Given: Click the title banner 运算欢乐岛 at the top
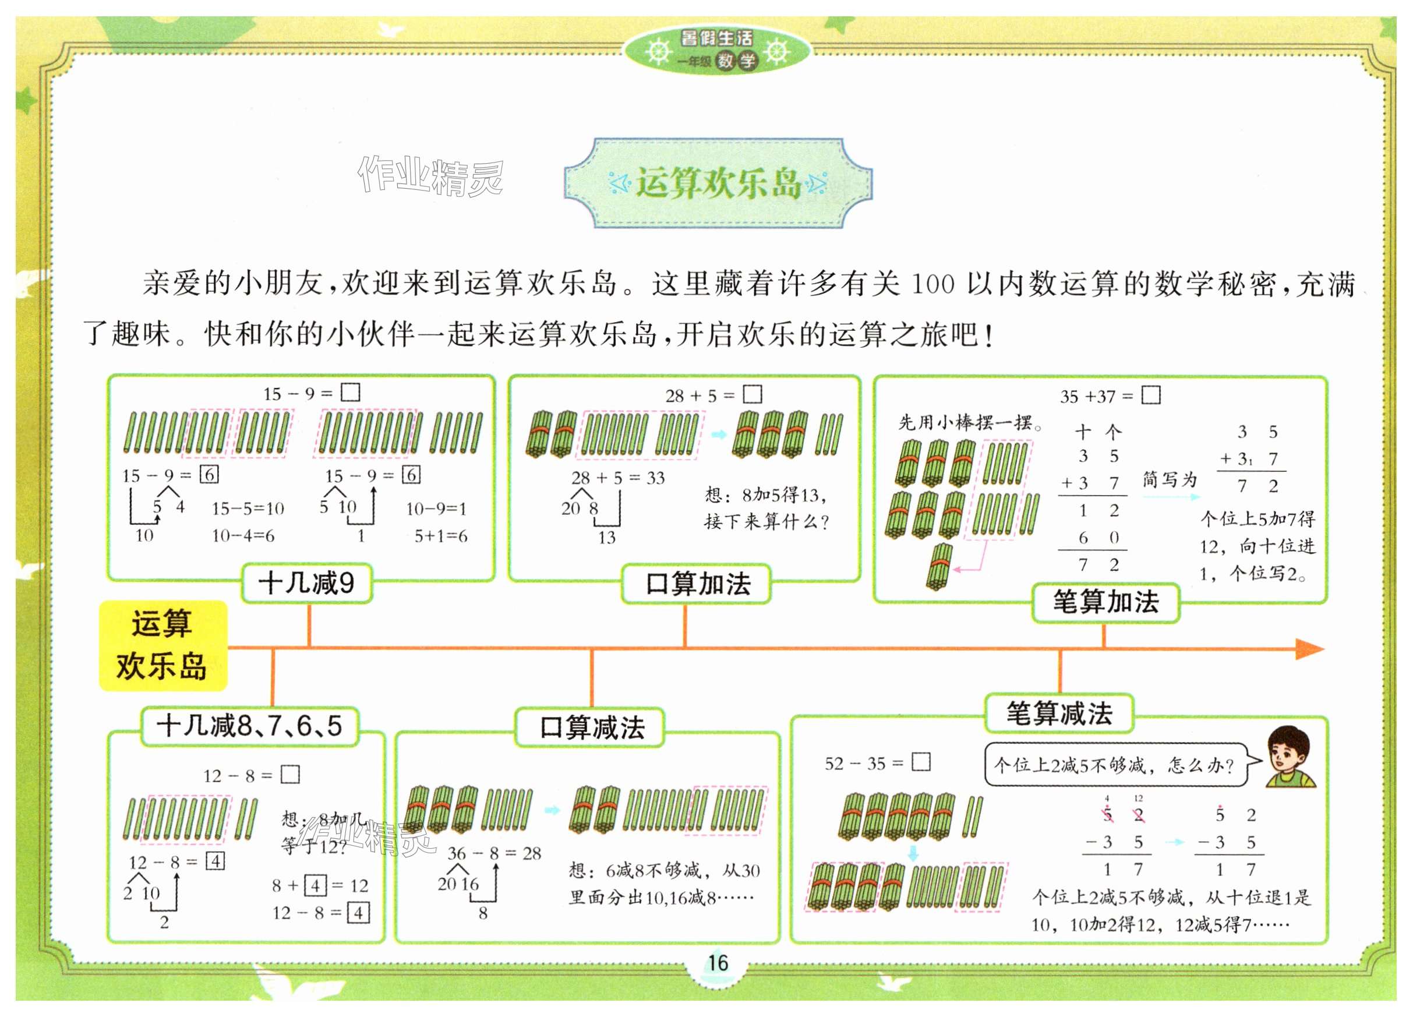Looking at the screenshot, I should (718, 183).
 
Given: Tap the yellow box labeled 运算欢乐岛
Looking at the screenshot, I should (163, 645).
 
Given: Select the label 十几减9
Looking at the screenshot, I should (306, 583).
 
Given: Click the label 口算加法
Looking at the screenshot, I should (697, 584).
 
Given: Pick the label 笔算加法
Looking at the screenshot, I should (1105, 602).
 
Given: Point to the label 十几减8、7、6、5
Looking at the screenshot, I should (249, 726).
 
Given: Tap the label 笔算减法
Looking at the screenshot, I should (1058, 713).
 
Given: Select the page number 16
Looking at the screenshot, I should (717, 963).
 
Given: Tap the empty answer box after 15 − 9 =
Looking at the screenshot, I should (351, 392).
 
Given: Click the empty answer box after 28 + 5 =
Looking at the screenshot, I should (753, 394).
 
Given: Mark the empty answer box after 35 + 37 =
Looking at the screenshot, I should (1150, 395).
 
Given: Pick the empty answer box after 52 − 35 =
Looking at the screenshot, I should (920, 762).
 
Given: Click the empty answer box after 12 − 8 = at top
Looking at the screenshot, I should (289, 775).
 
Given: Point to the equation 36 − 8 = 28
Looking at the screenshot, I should (494, 853).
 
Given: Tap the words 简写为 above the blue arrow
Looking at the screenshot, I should (1170, 479).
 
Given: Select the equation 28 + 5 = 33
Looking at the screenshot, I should (618, 478).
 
